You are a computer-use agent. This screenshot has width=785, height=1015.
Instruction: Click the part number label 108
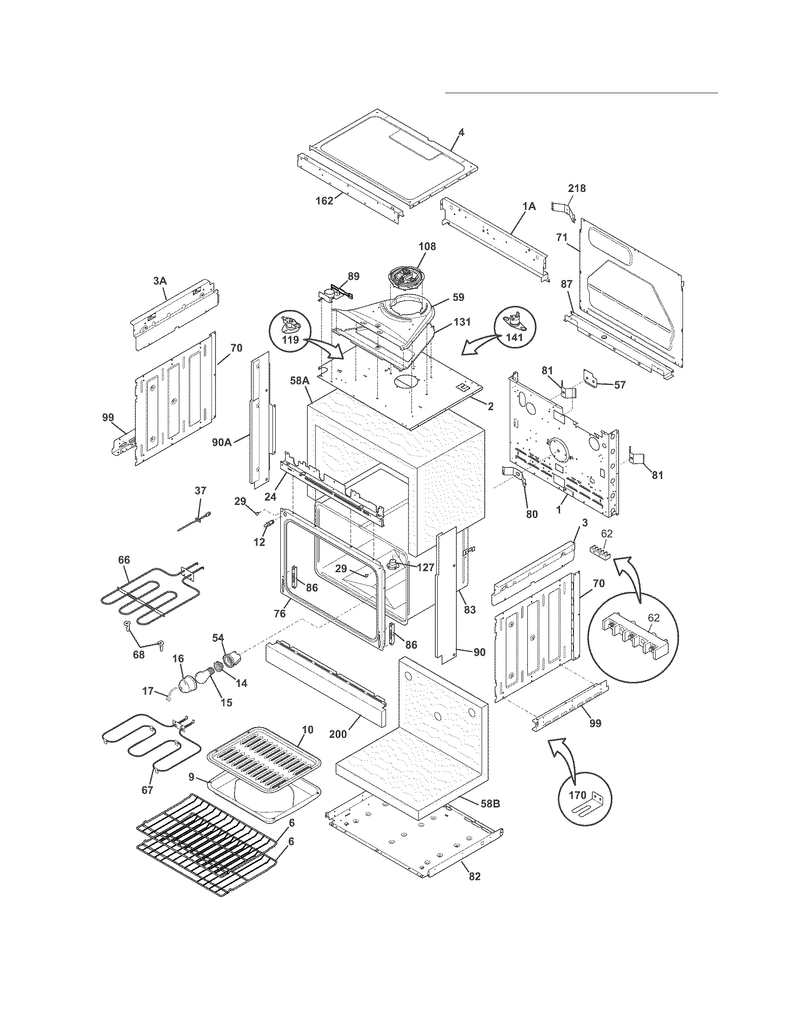click(427, 246)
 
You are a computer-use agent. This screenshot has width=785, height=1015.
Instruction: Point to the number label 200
click(338, 734)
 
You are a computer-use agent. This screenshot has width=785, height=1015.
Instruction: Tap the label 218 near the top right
click(576, 188)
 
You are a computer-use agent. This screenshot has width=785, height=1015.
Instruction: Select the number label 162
click(324, 201)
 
